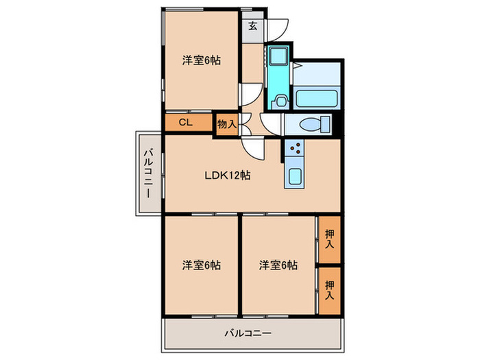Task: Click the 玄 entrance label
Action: click(252, 27)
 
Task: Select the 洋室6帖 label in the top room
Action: click(201, 60)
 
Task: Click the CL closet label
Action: click(185, 123)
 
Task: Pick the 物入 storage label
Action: click(226, 125)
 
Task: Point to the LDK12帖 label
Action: click(228, 175)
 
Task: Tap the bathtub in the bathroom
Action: click(317, 97)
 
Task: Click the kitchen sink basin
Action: click(295, 176)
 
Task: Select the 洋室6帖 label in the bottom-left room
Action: click(201, 265)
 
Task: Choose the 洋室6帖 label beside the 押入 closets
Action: click(278, 265)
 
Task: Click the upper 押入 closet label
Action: click(330, 238)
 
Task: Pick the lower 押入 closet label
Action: click(330, 289)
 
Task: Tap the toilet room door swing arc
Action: click(271, 123)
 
